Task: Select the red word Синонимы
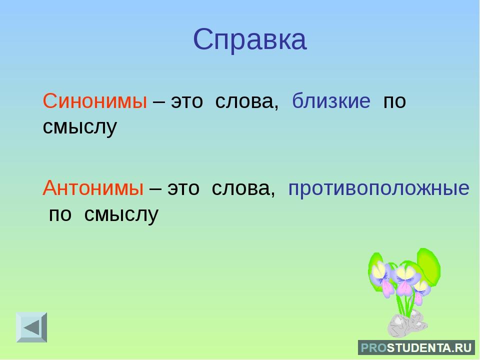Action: tap(95, 100)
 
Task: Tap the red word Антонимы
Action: tap(93, 187)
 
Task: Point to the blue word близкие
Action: tap(331, 100)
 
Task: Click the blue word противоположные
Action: tap(378, 189)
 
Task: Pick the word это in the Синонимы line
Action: tap(186, 102)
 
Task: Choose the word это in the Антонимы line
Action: tap(183, 189)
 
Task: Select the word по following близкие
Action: tap(394, 102)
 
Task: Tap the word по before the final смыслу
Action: tap(60, 215)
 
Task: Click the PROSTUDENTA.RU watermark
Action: tap(416, 348)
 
